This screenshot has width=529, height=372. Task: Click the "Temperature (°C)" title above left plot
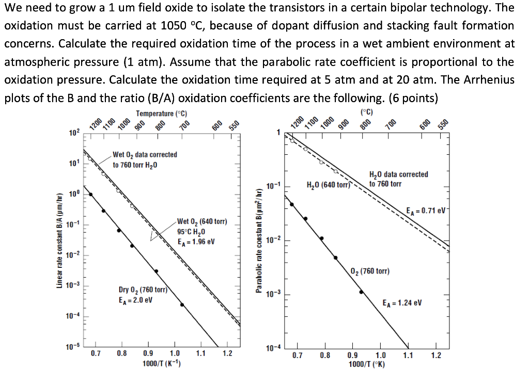162,114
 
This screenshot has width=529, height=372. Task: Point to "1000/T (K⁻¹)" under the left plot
161,363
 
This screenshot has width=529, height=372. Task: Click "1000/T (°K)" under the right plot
366,364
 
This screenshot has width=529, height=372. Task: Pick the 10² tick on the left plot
74,134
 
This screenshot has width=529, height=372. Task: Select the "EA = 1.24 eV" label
402,303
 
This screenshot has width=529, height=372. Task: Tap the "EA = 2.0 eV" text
135,300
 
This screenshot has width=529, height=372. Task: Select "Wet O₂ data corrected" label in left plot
145,154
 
